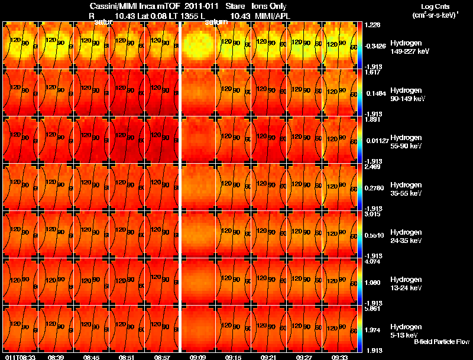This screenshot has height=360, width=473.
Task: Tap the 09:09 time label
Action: [x=197, y=357]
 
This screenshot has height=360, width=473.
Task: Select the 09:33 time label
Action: [x=339, y=357]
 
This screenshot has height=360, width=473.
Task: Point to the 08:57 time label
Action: [x=162, y=357]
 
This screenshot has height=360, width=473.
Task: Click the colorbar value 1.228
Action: [x=372, y=25]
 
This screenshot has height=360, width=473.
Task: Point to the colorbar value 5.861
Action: [x=372, y=308]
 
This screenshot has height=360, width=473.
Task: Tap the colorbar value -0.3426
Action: [x=375, y=46]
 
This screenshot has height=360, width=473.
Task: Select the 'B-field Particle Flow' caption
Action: [x=441, y=342]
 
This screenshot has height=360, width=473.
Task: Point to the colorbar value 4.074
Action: [x=372, y=261]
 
